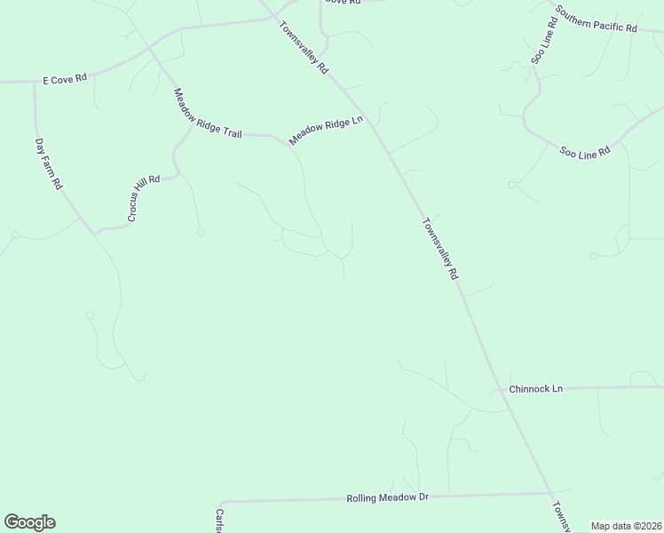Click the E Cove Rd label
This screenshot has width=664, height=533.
65,79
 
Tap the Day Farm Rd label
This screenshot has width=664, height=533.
48,163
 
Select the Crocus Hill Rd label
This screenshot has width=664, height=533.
143,198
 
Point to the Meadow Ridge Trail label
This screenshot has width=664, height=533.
208,113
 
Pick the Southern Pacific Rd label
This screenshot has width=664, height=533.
597,20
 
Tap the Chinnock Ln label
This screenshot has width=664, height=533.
536,389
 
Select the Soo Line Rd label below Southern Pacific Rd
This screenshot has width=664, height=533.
585,152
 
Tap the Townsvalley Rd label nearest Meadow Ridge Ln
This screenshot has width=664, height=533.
304,47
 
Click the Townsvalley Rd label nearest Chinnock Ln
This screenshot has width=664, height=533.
440,250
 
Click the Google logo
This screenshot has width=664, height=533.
29,522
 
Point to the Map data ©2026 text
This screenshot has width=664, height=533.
626,526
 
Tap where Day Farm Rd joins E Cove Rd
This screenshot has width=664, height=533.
35,82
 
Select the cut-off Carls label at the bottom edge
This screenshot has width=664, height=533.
219,521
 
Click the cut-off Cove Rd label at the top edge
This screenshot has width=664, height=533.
344,3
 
